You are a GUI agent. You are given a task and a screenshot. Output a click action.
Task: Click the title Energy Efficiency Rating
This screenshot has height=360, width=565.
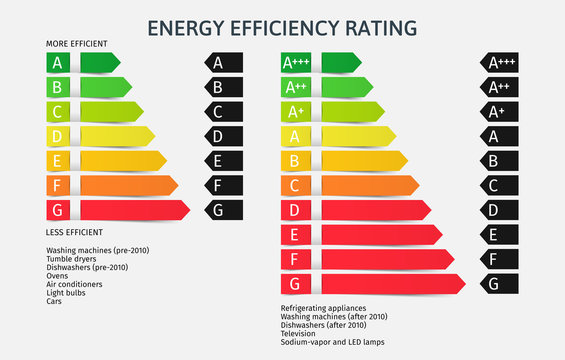pos(282,27)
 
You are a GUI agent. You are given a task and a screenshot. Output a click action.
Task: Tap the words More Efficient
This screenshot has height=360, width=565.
pos(77,44)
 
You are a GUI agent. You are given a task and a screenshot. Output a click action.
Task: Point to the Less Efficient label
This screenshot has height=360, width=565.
pos(74,232)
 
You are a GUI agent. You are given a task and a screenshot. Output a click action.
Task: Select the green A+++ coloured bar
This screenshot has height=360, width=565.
pos(321,63)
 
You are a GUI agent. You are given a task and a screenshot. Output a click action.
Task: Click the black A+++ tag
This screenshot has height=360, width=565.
pos(499,63)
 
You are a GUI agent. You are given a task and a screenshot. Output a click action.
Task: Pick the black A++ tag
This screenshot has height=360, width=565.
pos(499,87)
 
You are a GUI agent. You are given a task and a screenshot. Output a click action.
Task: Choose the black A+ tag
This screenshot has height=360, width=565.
pos(499,111)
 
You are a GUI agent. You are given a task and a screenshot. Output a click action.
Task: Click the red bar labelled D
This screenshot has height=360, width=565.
pos(356,210)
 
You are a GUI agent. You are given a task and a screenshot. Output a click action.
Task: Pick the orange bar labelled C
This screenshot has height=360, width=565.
pos(350,185)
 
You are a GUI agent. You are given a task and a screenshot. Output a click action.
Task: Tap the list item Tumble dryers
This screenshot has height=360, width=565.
pos(71,259)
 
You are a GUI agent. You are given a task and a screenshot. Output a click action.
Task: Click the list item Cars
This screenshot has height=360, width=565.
pos(54,301)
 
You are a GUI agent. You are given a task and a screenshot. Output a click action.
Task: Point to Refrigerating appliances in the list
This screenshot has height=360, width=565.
pos(324,308)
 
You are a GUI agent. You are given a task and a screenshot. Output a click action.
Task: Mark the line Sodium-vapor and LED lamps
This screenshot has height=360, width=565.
pos(331,341)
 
